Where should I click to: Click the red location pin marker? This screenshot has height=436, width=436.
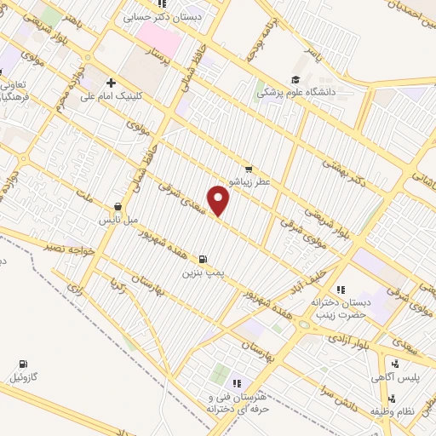pyautogui.click(x=220, y=200)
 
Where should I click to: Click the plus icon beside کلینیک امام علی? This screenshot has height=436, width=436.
pyautogui.click(x=112, y=83)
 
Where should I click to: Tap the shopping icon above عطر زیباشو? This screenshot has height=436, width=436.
pyautogui.click(x=249, y=169)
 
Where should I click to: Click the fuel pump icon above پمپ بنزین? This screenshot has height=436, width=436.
pyautogui.click(x=203, y=259)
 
